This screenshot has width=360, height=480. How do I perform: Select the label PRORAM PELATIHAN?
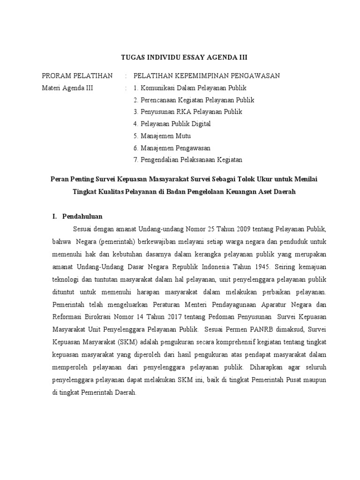[x=77, y=75]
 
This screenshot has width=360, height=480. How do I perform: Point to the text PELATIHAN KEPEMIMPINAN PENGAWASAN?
[x=207, y=75]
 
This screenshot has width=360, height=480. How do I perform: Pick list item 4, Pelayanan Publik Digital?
[x=172, y=124]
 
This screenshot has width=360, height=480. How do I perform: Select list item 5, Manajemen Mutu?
[x=161, y=136]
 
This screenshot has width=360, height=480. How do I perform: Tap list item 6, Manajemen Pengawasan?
[x=172, y=148]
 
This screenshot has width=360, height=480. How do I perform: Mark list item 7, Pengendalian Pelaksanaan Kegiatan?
[x=187, y=160]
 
